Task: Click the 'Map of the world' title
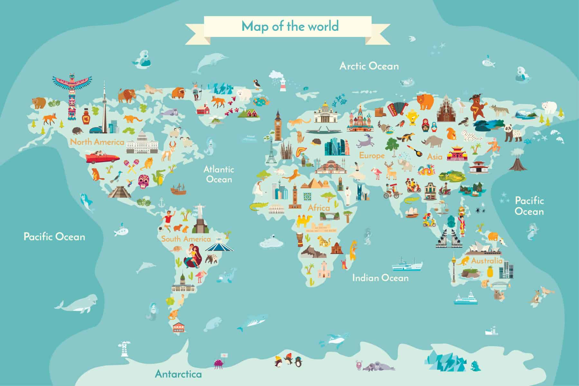pyautogui.click(x=290, y=26)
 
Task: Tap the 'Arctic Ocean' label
pyautogui.click(x=369, y=66)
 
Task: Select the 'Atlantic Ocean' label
pyautogui.click(x=219, y=174)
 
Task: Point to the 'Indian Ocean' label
pyautogui.click(x=380, y=278)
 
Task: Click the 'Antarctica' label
pyautogui.click(x=178, y=374)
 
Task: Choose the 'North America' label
pyautogui.click(x=97, y=142)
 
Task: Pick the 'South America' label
pyautogui.click(x=186, y=239)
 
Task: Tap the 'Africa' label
pyautogui.click(x=319, y=208)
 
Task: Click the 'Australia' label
pyautogui.click(x=487, y=261)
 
